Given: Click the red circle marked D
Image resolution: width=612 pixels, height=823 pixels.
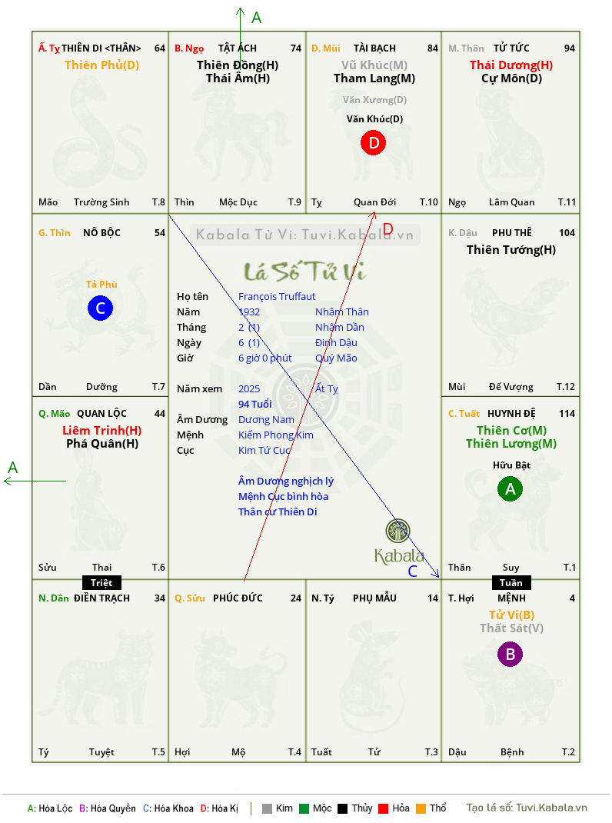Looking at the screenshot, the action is click(373, 143).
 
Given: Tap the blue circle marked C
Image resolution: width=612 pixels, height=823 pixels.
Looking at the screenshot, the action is click(100, 308).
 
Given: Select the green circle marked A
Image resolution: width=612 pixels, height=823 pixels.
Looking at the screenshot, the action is click(511, 488).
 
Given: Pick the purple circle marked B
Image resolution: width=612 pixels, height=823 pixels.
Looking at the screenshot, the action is click(511, 654).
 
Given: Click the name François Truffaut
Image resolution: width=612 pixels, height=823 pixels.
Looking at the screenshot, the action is click(277, 297).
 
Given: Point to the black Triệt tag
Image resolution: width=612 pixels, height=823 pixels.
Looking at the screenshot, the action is click(101, 582).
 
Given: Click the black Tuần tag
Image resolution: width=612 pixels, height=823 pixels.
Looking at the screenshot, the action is click(511, 582).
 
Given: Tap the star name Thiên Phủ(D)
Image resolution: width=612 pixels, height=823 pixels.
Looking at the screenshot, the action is click(101, 65).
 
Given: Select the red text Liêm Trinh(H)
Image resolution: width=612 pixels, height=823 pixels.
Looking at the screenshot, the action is click(101, 431).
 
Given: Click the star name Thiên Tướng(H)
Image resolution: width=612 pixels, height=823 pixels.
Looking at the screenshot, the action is click(511, 250).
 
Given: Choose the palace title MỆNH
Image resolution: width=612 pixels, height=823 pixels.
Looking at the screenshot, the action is click(512, 598).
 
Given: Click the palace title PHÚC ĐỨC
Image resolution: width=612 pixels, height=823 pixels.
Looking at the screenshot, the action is click(238, 598).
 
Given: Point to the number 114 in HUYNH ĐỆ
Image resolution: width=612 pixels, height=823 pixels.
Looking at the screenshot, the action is click(567, 414).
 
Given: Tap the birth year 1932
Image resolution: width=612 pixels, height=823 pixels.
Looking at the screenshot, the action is click(249, 312).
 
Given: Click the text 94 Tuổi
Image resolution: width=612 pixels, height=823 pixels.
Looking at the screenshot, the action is click(255, 404).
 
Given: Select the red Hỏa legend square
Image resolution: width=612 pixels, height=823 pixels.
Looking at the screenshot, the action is click(383, 808).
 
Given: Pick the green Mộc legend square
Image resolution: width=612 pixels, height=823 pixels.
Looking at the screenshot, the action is click(304, 808).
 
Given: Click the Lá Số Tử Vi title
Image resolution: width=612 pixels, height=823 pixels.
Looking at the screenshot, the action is click(304, 271).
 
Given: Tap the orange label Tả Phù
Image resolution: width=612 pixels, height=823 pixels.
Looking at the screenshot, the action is click(101, 284).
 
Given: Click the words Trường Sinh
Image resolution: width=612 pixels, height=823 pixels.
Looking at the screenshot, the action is click(101, 202).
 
